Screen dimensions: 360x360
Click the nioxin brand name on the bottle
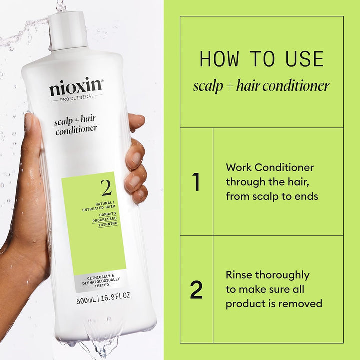(x=76, y=88)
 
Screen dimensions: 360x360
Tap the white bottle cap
(x=68, y=30)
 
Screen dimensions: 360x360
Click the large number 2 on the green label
(x=106, y=188)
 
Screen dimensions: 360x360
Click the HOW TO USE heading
(x=261, y=59)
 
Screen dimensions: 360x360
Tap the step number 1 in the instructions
(x=196, y=182)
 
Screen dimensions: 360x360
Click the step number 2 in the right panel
(x=196, y=290)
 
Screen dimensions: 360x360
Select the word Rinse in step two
(x=239, y=275)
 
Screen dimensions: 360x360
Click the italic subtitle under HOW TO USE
(x=261, y=86)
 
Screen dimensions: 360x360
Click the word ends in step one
(x=305, y=196)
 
